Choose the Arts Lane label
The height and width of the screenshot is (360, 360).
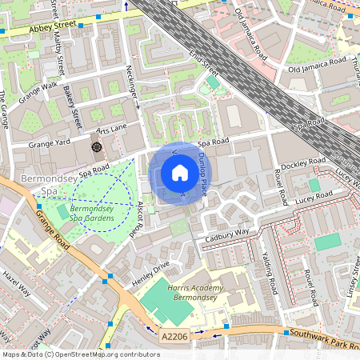(112, 129)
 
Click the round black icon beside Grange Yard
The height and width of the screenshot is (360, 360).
(97, 146)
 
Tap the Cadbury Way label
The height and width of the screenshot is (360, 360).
(228, 233)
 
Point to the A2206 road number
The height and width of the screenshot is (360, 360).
(173, 338)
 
